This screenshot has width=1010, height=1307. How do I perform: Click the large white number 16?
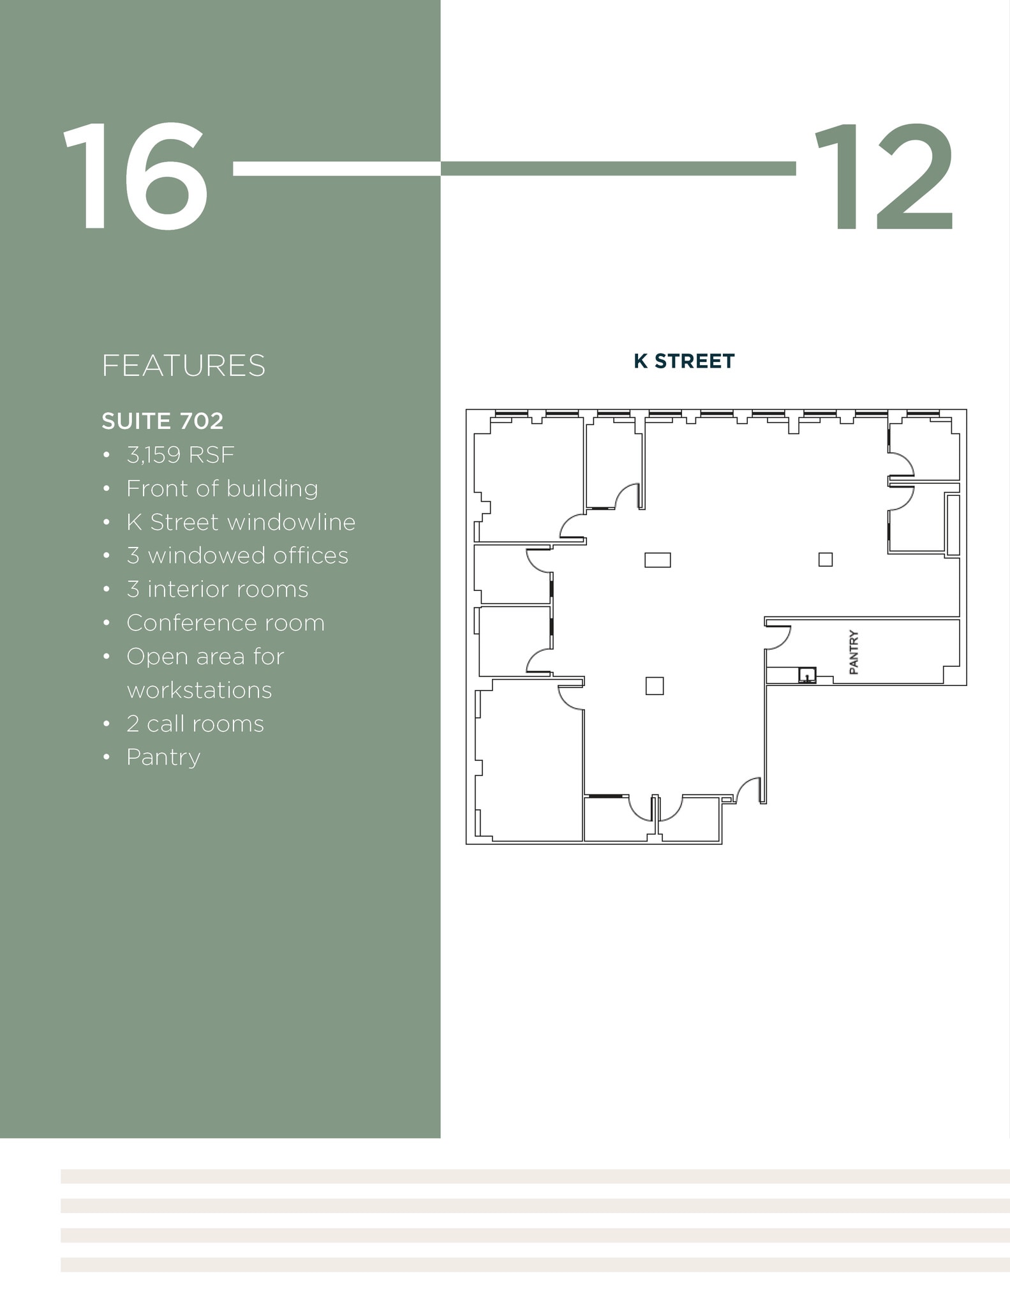tap(135, 176)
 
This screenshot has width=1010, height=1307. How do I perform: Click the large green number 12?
tap(884, 176)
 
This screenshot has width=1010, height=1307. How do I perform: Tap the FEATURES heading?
tap(183, 366)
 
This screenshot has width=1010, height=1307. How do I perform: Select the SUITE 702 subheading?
tap(163, 421)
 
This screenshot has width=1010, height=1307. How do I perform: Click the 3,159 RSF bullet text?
tap(181, 455)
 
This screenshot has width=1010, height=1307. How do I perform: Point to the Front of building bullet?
tap(222, 489)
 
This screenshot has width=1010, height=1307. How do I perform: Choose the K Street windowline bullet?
tap(241, 522)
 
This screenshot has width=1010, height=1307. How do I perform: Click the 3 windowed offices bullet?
tap(237, 556)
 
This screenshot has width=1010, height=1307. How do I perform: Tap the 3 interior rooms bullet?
tap(217, 590)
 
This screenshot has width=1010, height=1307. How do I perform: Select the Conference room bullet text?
tap(225, 623)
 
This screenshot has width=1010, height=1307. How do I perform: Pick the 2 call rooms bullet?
tap(195, 724)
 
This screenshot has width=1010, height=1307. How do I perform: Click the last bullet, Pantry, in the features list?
tap(163, 758)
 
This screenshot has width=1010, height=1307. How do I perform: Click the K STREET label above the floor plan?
tap(684, 361)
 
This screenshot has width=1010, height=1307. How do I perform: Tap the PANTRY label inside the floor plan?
tap(854, 652)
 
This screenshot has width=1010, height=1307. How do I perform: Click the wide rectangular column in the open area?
tap(657, 560)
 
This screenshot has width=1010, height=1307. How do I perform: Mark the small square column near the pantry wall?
tap(825, 560)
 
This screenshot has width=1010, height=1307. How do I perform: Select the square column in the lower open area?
tap(655, 686)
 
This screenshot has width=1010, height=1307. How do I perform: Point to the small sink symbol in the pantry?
tap(807, 675)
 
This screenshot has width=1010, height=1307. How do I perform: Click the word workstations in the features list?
tap(199, 691)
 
